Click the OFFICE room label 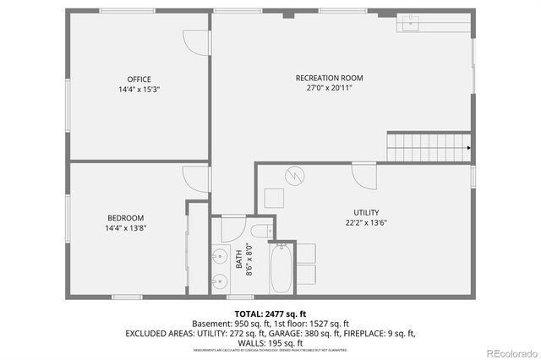click(139, 79)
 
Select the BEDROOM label click(125, 218)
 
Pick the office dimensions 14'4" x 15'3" click(139, 90)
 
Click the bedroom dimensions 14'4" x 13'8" click(125, 228)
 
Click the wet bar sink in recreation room click(410, 23)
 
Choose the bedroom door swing click(196, 178)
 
